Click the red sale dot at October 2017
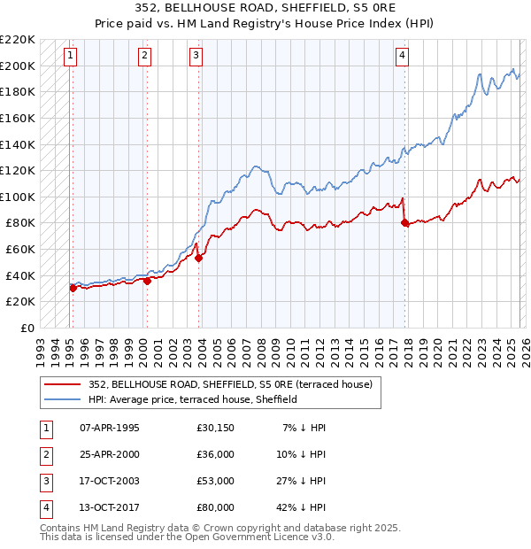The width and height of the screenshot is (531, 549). [x=405, y=223]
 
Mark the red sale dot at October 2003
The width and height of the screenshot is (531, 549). [x=199, y=259]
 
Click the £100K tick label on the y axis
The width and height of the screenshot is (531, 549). [x=18, y=197]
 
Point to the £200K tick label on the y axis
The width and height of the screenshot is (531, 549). [x=18, y=66]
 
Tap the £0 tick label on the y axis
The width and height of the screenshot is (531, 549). [x=27, y=328]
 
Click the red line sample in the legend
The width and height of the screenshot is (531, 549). [x=62, y=384]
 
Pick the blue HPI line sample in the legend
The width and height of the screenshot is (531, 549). [x=62, y=399]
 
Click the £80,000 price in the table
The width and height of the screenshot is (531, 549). [x=215, y=507]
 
